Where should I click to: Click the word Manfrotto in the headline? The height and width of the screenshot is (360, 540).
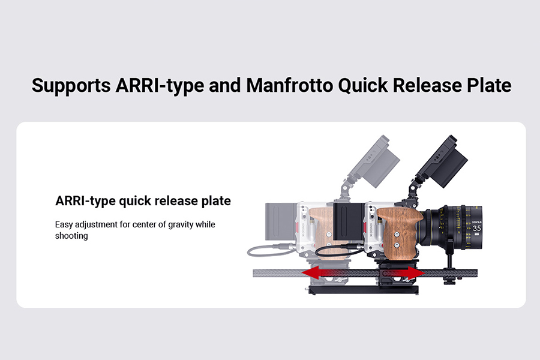pyautogui.click(x=289, y=85)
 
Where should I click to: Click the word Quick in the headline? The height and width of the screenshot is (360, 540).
pyautogui.click(x=363, y=86)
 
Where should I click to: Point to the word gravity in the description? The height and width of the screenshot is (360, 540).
pyautogui.click(x=181, y=225)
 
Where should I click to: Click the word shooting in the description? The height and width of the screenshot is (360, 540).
pyautogui.click(x=71, y=236)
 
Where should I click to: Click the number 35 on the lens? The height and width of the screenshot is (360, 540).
pyautogui.click(x=476, y=229)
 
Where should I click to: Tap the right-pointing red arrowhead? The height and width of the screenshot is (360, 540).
pyautogui.click(x=416, y=274)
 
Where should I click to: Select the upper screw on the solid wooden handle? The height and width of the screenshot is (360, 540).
pyautogui.click(x=397, y=235)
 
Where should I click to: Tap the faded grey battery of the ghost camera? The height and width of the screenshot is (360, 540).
pyautogui.click(x=281, y=221)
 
